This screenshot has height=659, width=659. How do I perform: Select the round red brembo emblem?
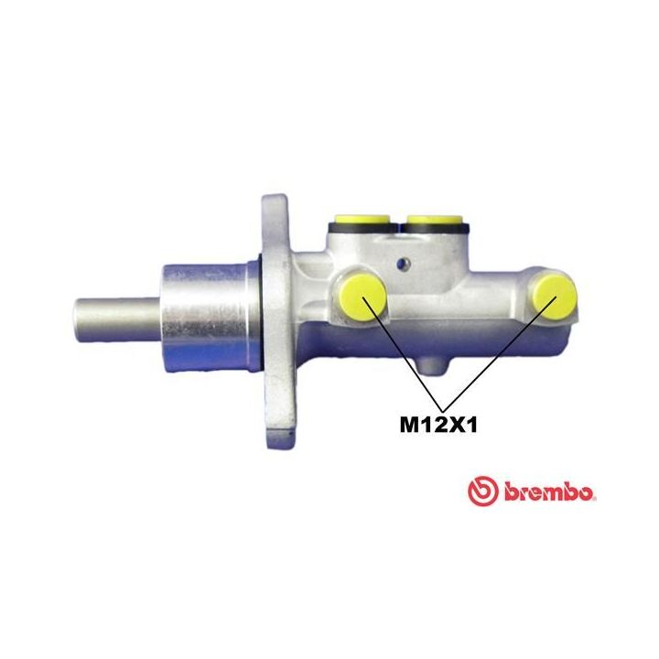point(483,492)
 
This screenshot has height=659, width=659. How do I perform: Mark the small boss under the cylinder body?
point(432,366)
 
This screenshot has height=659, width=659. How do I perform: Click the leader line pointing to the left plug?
point(407,356)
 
